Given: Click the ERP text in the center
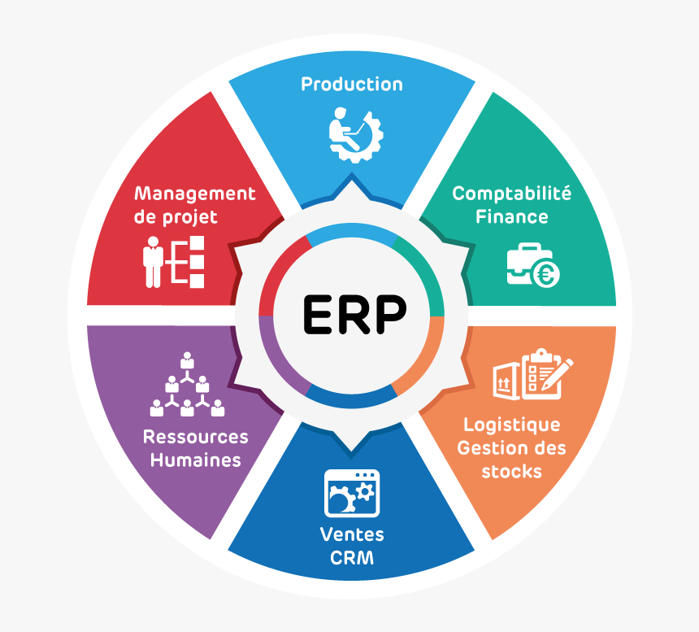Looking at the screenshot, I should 354,314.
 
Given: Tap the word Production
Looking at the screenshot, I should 351,84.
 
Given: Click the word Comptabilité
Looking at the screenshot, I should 511,194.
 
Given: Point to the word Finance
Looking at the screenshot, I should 511,217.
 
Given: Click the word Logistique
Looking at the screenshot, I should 511,425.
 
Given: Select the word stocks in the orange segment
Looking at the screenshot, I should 511,472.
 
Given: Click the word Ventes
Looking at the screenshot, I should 352,534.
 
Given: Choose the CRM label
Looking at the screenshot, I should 352,558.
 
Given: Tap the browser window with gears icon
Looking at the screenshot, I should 352,493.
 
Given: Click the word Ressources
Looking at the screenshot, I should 195,437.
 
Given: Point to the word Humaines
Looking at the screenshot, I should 195,460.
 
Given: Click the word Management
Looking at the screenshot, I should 195,194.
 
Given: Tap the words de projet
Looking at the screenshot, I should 176,217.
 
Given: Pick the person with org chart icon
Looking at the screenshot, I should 174,260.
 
